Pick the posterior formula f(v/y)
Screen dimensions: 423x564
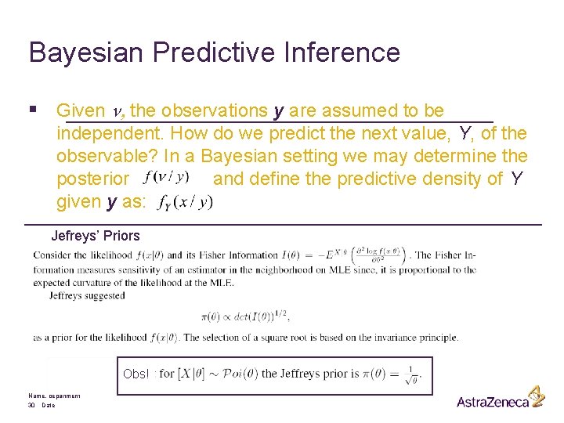[166, 176]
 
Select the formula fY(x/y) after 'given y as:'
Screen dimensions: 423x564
[184, 203]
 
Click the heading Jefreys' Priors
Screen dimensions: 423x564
[96, 235]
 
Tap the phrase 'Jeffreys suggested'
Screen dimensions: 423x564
[87, 295]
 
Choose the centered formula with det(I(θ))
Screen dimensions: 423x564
[244, 316]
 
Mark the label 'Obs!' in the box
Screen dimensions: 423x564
[136, 374]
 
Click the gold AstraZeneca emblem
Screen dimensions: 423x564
[536, 396]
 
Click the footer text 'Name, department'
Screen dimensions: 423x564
[54, 396]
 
